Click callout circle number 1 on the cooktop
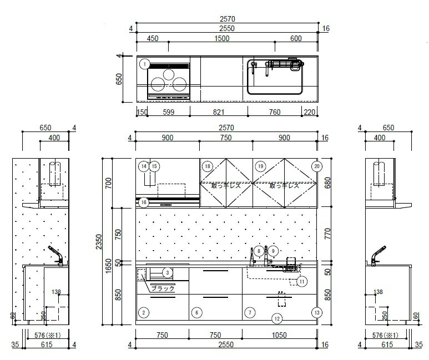point(144,64)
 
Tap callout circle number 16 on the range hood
point(144,202)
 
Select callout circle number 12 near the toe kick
point(277,319)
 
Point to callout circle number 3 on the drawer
point(168,272)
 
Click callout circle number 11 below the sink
point(302,281)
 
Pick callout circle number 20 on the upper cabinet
point(317,166)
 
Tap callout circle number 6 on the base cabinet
point(196,313)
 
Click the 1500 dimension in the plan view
point(222,38)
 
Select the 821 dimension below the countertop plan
point(219,112)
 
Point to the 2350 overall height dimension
point(99,242)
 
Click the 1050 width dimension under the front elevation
point(279,335)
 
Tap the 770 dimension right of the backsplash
point(327,234)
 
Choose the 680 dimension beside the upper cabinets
point(327,182)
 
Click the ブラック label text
point(163,288)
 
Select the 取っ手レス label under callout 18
point(226,186)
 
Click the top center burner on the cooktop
point(169,74)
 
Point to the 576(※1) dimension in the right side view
point(385,335)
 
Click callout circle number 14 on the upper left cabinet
point(144,166)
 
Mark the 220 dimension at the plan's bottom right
point(310,112)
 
